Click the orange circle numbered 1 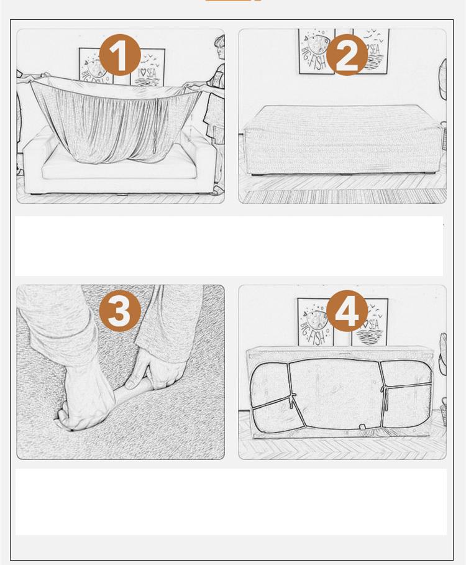120,55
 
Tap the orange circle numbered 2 347,55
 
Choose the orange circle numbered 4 347,311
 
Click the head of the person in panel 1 219,42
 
